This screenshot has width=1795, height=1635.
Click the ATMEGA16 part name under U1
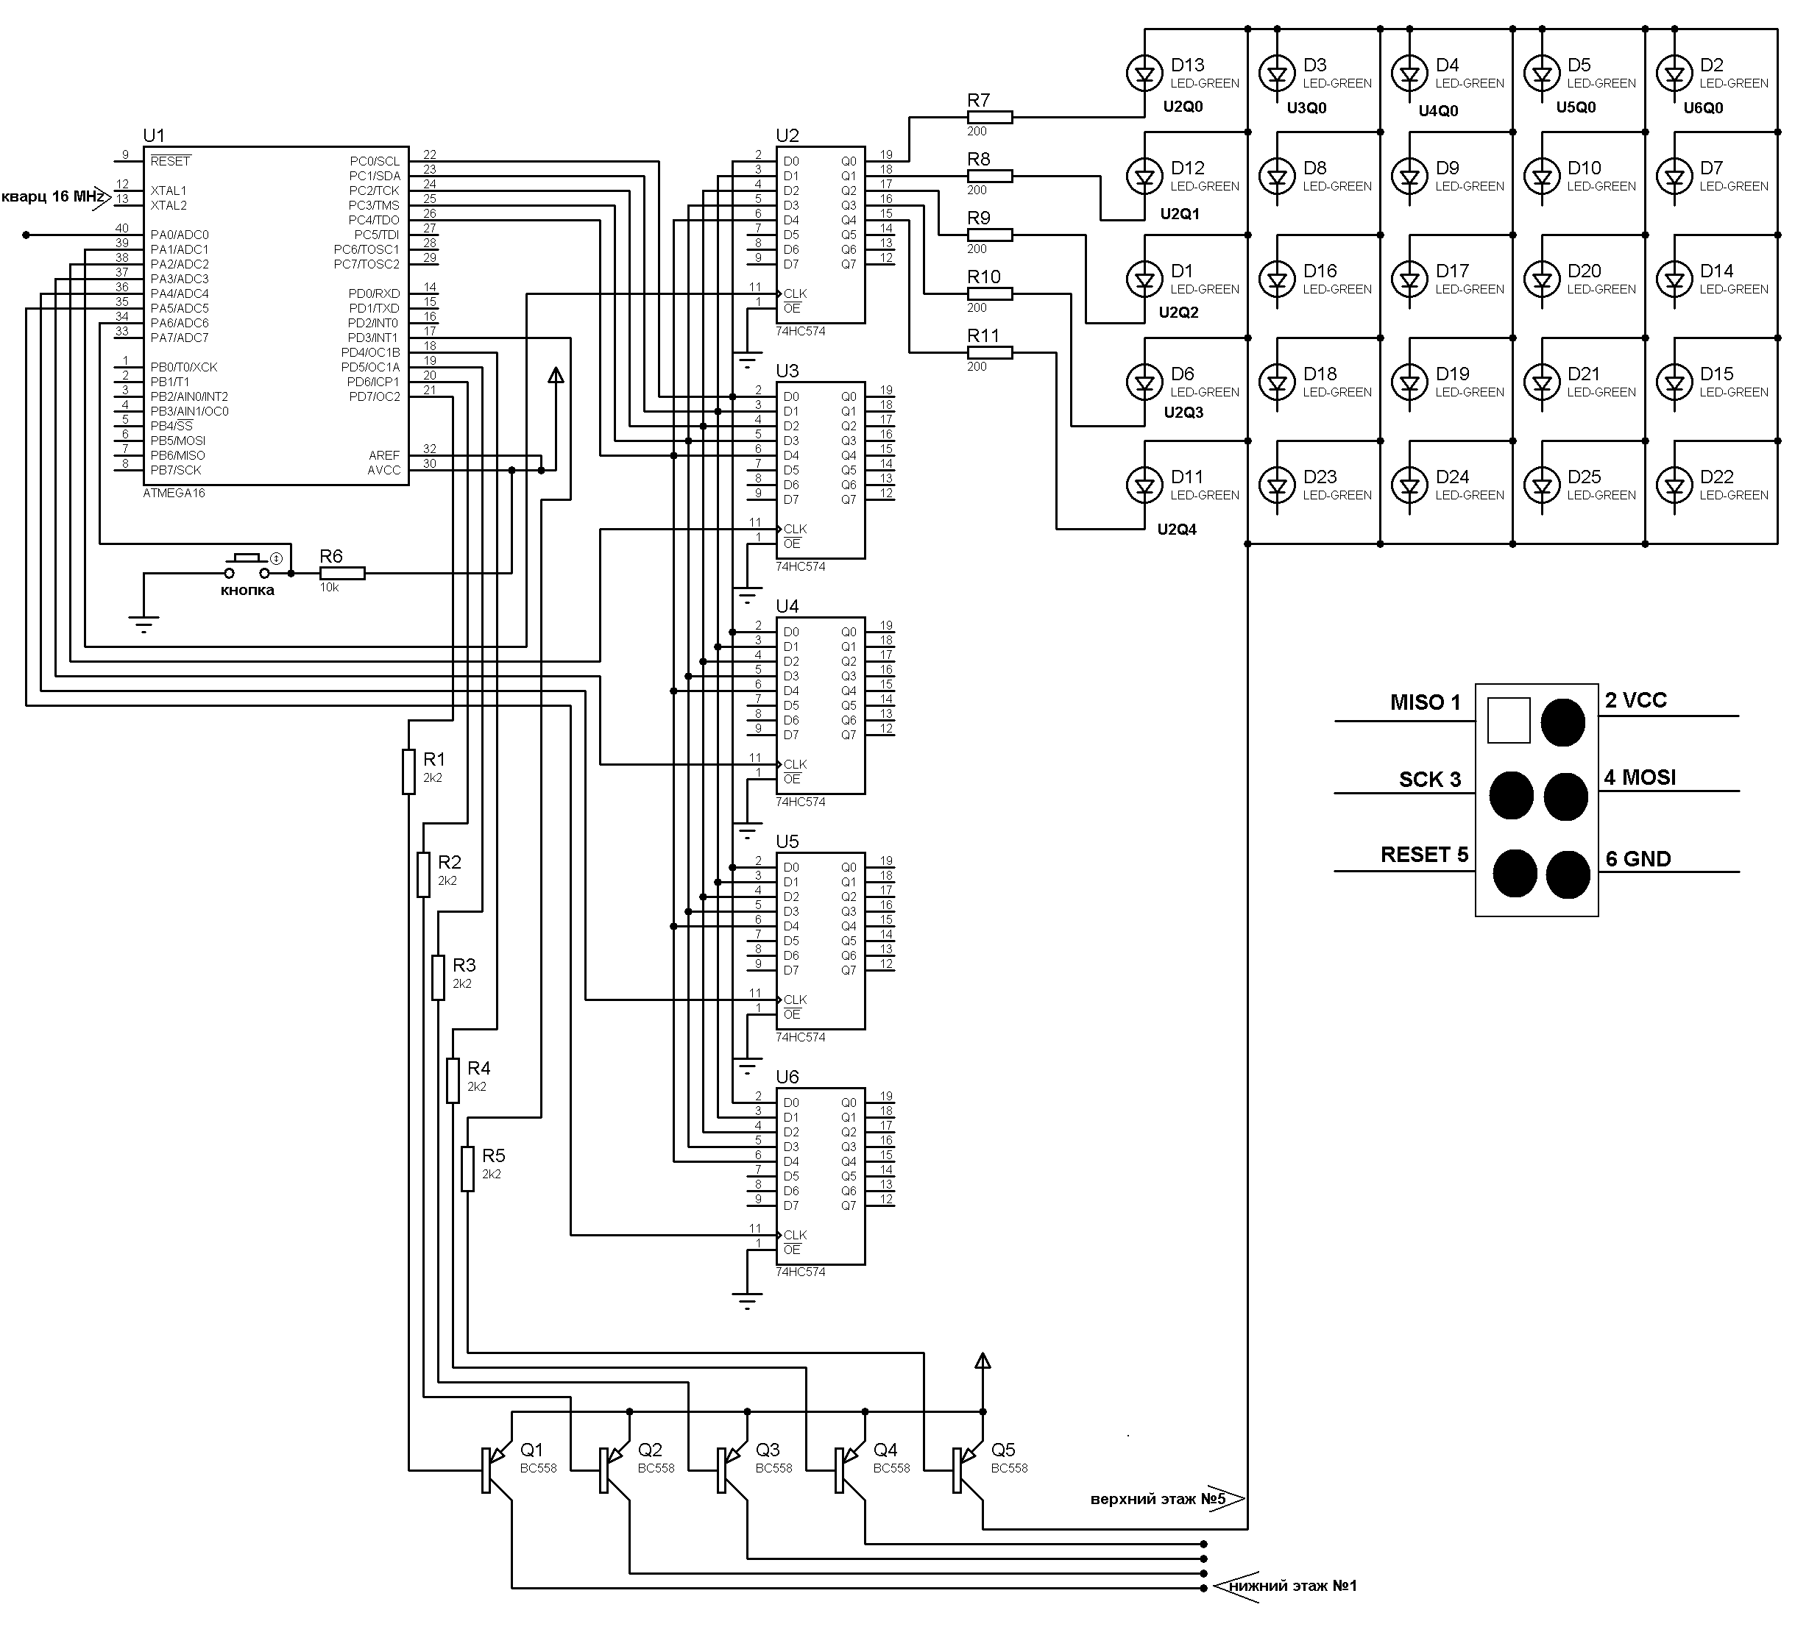tap(174, 493)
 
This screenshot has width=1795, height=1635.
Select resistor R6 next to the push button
tap(342, 573)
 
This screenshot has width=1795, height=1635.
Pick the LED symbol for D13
tap(1144, 73)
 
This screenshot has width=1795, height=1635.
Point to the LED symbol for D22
tap(1674, 485)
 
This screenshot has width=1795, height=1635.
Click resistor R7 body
tap(989, 118)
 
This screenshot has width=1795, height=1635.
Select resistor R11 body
tap(989, 352)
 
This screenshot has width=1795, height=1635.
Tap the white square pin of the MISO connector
tap(1508, 720)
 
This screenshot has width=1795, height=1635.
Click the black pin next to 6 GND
tap(1568, 874)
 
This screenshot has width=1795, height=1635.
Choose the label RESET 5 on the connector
tap(1424, 855)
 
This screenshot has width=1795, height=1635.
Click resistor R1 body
tap(408, 771)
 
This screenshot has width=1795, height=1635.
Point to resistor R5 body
tap(467, 1168)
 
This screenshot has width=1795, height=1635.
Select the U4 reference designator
tap(787, 606)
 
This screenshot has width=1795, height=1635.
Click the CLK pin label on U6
tap(795, 1234)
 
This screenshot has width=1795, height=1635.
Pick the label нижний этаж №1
tap(1293, 1585)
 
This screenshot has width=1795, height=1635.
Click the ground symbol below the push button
tap(144, 622)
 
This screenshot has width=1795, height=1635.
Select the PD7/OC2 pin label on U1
tap(374, 397)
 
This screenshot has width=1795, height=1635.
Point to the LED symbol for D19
tap(1409, 382)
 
